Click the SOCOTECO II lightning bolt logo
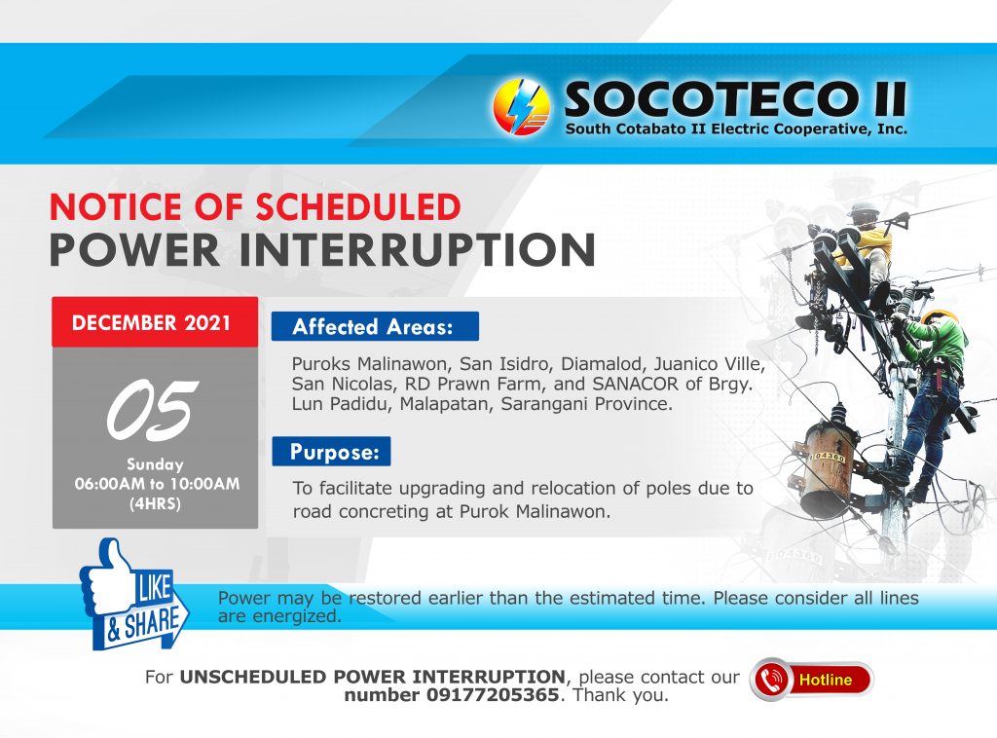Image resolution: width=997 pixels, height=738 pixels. (522, 107)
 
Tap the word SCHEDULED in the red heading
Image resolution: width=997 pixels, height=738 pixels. (358, 206)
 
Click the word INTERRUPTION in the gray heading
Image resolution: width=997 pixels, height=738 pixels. (417, 249)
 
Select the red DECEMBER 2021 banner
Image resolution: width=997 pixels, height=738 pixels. (155, 322)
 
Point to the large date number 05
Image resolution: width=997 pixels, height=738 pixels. (153, 410)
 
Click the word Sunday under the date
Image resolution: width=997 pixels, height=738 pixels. (155, 464)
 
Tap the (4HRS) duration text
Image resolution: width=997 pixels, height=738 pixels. (155, 504)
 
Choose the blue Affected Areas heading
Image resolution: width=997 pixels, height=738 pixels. (375, 327)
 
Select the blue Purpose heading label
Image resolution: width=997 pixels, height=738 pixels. (331, 452)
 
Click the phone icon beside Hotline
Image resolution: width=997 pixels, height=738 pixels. (769, 680)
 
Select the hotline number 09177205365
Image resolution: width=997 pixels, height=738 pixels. (492, 695)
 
